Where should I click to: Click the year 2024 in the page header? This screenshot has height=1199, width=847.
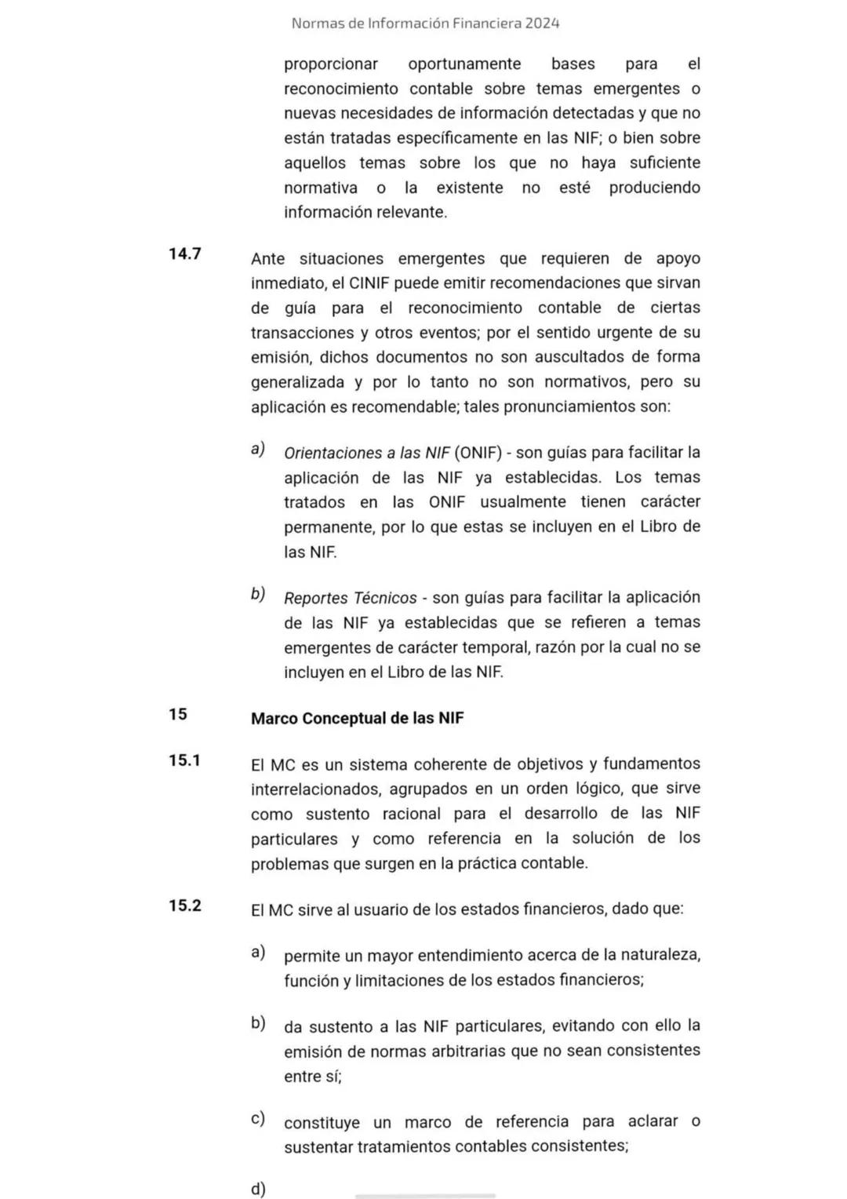pos(542,24)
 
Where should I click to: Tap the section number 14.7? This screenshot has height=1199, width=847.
pos(184,253)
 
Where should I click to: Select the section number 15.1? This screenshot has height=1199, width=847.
pos(184,760)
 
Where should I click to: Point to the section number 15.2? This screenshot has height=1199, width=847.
pos(184,906)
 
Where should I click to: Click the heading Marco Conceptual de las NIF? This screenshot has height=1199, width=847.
pos(357,718)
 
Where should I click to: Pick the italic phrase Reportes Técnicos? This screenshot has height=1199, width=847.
pos(350,598)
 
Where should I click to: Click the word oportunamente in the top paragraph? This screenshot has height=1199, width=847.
pos(464,64)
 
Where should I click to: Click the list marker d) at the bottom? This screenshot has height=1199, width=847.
pos(258,1189)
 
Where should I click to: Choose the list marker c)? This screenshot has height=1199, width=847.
pos(258,1118)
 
